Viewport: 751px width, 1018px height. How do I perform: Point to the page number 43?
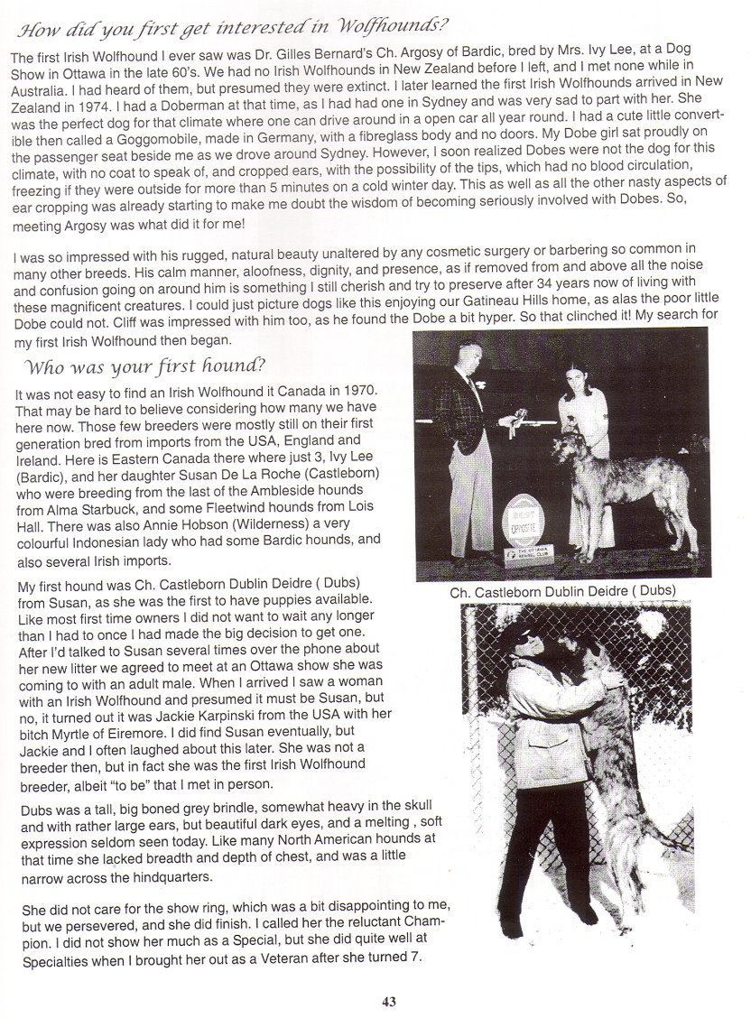tap(389, 1001)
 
